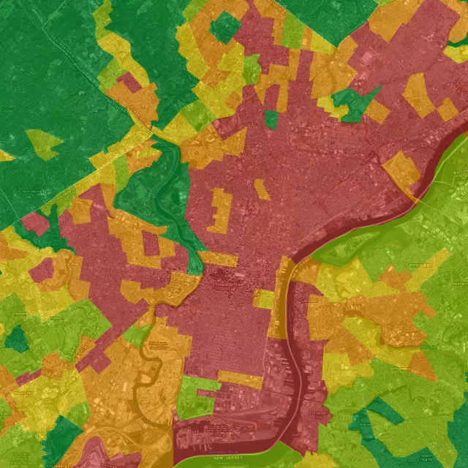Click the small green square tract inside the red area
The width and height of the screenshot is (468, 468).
pyautogui.click(x=271, y=119)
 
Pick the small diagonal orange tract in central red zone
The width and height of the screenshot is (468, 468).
pyautogui.click(x=261, y=189)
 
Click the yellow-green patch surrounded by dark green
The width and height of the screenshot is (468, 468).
pyautogui.click(x=43, y=144)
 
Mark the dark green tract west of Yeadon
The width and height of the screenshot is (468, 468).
pyautogui.click(x=16, y=339)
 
